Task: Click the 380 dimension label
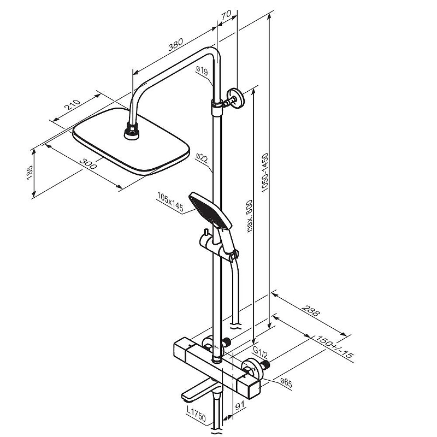coord(175,45)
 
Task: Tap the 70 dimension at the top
coord(226,15)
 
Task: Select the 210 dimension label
coord(73,104)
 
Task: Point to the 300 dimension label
coord(88,163)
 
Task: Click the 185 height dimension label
coord(29,173)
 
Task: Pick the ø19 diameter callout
coord(202,71)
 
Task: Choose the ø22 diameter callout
coord(202,158)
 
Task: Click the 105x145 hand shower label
coord(170,202)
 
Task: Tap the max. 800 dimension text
coord(250,216)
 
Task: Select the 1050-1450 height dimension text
coord(265,173)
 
